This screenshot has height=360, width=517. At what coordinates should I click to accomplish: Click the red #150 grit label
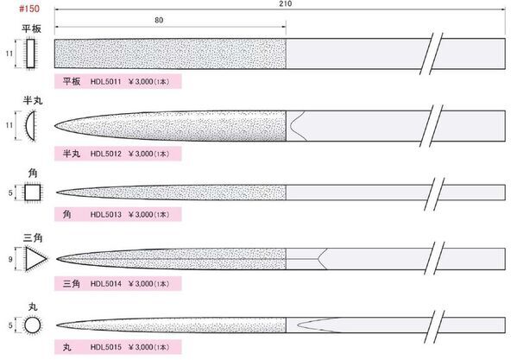coord(29,9)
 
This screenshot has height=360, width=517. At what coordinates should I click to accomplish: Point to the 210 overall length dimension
coord(286,3)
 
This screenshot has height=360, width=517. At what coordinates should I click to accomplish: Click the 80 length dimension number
coord(159,20)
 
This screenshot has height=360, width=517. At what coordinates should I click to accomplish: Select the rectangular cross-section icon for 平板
coord(30,54)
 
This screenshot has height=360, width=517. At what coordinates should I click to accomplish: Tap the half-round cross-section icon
coord(30,125)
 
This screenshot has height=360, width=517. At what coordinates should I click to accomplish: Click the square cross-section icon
coord(33,193)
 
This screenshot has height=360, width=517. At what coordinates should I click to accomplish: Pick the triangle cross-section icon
coord(35,259)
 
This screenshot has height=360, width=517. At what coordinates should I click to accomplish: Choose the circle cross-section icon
coord(32,325)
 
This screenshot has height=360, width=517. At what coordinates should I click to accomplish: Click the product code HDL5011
coord(106,81)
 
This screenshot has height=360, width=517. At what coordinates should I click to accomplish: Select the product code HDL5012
coord(106,154)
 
